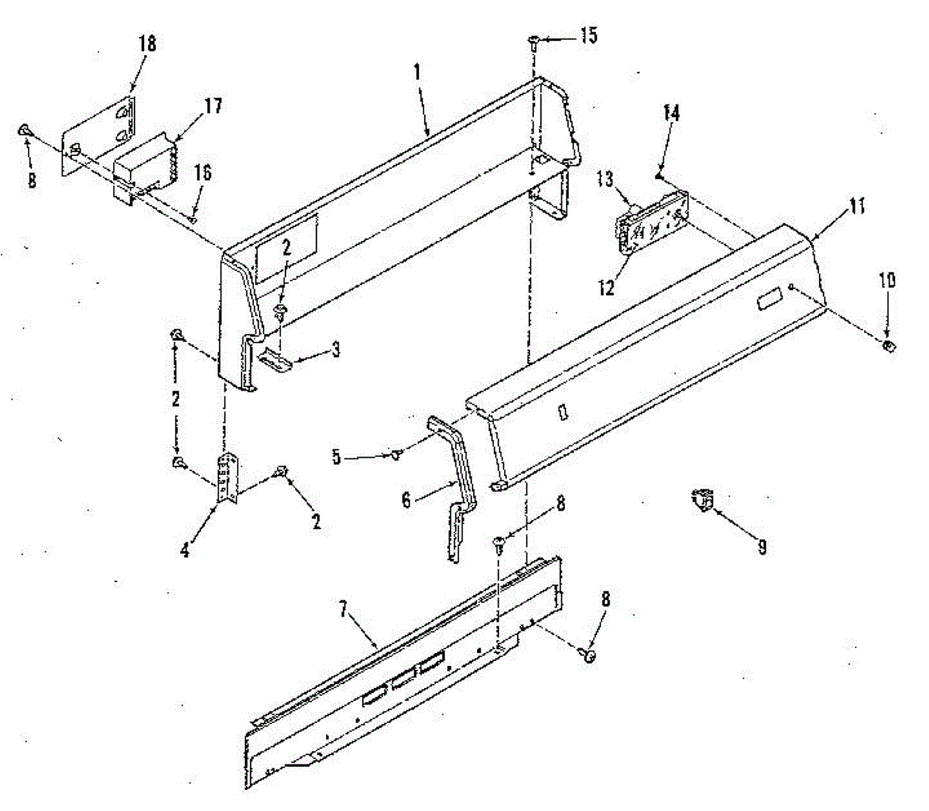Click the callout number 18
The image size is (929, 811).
pos(146,44)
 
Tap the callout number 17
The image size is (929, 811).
pos(212,105)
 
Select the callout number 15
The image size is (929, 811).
pos(588,36)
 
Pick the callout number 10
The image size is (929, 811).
pos(887,280)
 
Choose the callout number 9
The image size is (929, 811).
pos(762,548)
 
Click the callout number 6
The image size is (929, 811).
pos(406,501)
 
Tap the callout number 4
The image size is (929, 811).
pos(184,551)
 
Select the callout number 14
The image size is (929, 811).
pos(670,113)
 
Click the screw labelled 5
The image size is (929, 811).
pos(397,455)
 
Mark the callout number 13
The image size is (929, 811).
pos(604,180)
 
